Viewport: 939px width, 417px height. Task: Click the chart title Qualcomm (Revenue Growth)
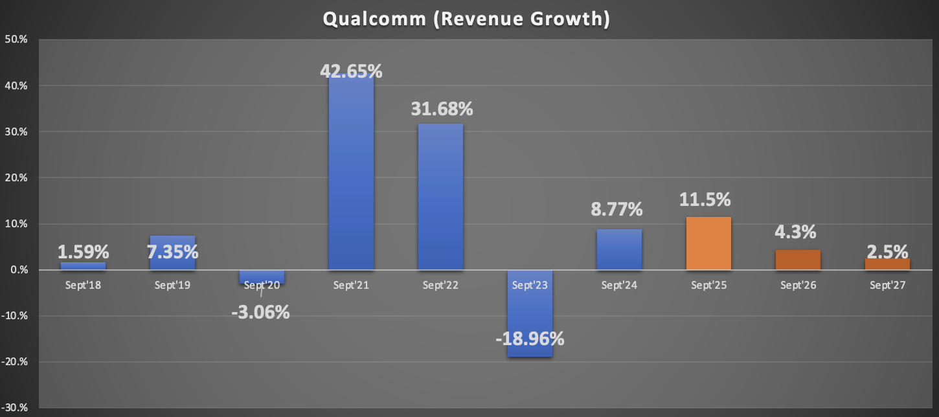click(466, 19)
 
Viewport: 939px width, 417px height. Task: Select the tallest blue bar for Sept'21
click(351, 175)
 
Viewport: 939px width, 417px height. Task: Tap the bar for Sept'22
click(440, 194)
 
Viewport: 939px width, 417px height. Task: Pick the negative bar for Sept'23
click(530, 317)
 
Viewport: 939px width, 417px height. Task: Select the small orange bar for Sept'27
click(887, 264)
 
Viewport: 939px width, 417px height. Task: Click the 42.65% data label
click(351, 71)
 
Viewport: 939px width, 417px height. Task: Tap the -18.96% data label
click(530, 338)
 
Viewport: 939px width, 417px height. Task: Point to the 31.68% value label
click(442, 109)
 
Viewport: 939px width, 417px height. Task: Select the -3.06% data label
click(260, 312)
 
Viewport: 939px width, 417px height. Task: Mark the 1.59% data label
click(83, 252)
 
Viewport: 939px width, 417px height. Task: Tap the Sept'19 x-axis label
click(172, 285)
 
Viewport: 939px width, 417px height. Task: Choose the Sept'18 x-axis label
click(83, 285)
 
